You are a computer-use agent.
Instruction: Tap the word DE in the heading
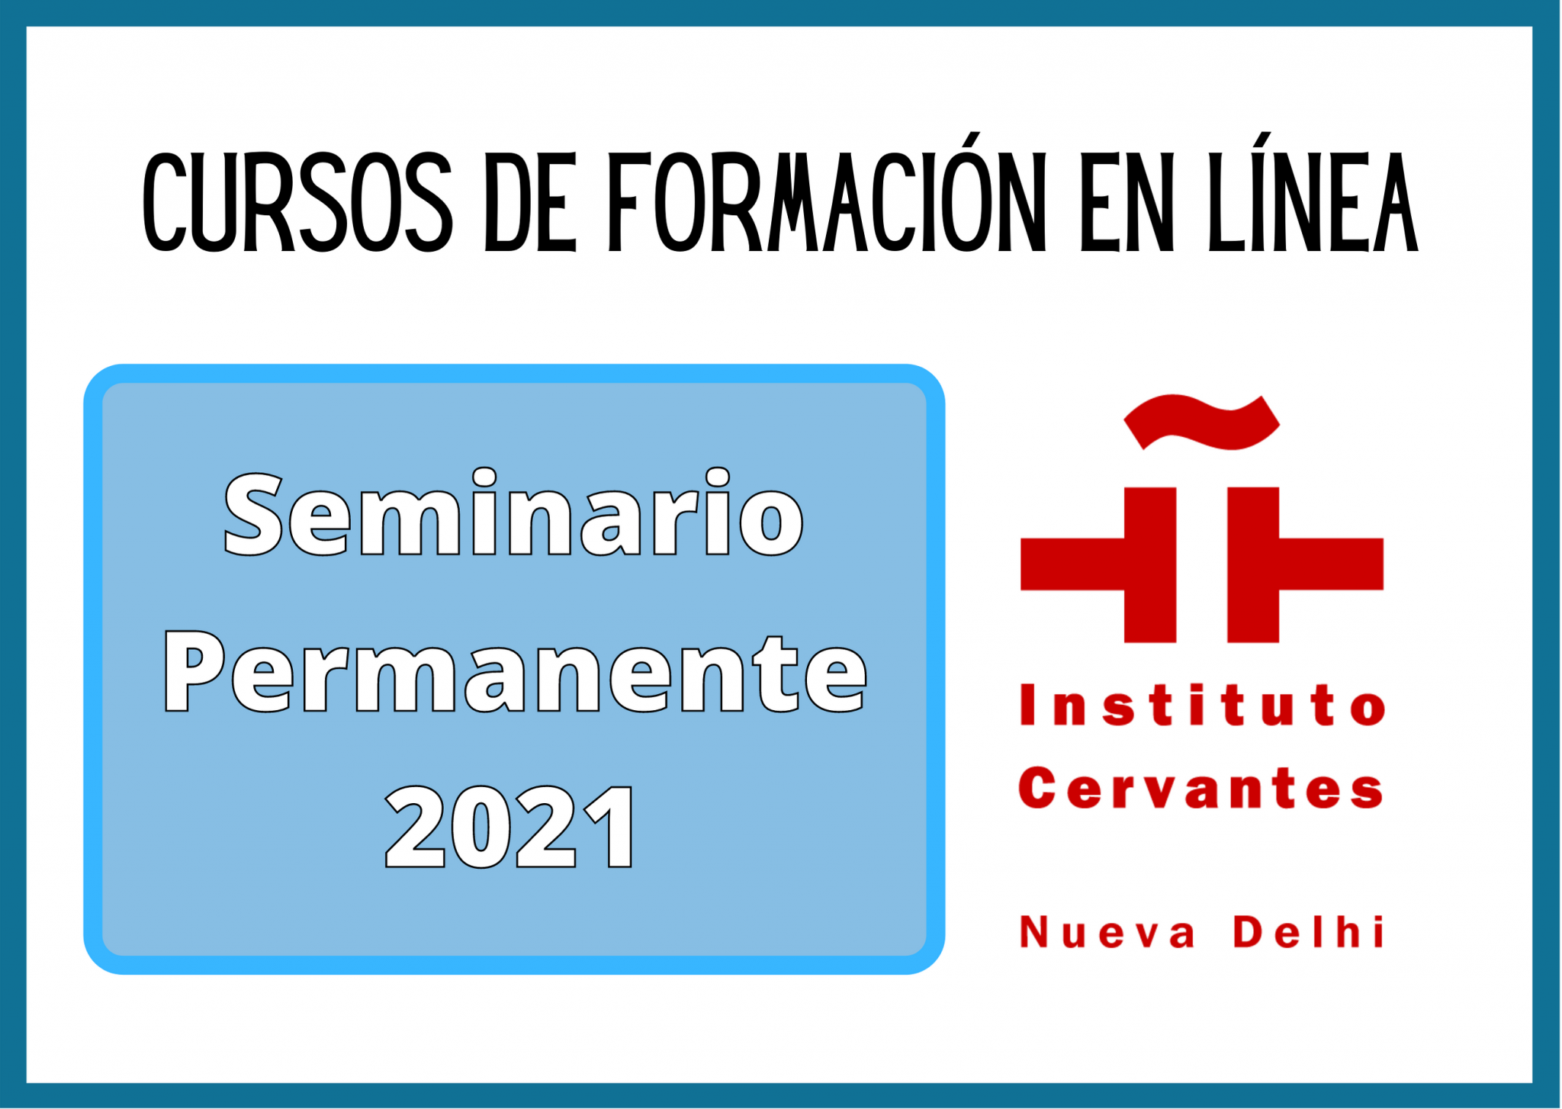pyautogui.click(x=530, y=203)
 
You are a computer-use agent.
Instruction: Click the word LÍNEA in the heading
pyautogui.click(x=1312, y=203)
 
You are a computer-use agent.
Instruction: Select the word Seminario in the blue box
pyautogui.click(x=513, y=515)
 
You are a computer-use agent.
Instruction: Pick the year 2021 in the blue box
pyautogui.click(x=510, y=828)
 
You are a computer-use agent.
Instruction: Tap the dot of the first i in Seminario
pyautogui.click(x=484, y=477)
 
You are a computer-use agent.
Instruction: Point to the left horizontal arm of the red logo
pyautogui.click(x=1072, y=564)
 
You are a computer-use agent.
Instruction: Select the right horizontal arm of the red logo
pyautogui.click(x=1331, y=564)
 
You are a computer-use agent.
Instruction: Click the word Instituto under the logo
pyautogui.click(x=1202, y=705)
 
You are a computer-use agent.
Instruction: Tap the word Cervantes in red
pyautogui.click(x=1201, y=789)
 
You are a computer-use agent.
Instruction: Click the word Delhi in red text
pyautogui.click(x=1307, y=932)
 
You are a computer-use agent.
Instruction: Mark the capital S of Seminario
pyautogui.click(x=254, y=515)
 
